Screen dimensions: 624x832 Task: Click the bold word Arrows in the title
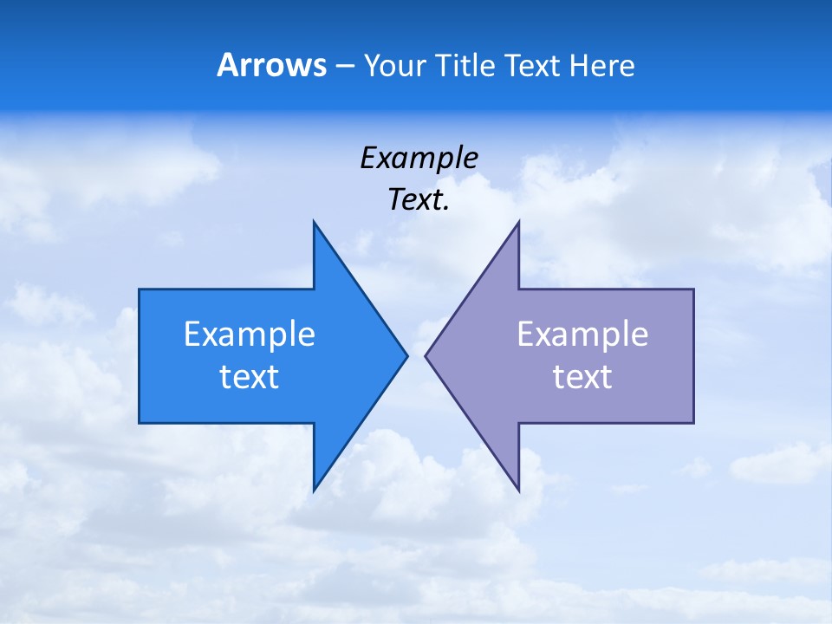(x=271, y=65)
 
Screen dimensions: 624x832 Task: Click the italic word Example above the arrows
(x=419, y=159)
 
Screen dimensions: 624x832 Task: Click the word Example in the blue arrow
(x=250, y=335)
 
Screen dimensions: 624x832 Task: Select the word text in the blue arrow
(x=250, y=377)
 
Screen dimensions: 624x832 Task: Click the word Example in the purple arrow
(x=582, y=335)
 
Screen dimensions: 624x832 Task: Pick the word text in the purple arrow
(x=582, y=377)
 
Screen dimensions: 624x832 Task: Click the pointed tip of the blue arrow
(x=406, y=355)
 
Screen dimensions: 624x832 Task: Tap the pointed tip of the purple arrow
(x=426, y=355)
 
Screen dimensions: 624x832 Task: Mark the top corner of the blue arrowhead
(x=314, y=222)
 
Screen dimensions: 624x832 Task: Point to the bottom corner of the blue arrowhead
(x=314, y=491)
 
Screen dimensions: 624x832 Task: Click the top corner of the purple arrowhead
(x=518, y=222)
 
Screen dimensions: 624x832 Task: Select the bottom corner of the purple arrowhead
(x=518, y=491)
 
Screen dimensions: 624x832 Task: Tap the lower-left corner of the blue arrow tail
(x=140, y=423)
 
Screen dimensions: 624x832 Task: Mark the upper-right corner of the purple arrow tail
(x=693, y=289)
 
